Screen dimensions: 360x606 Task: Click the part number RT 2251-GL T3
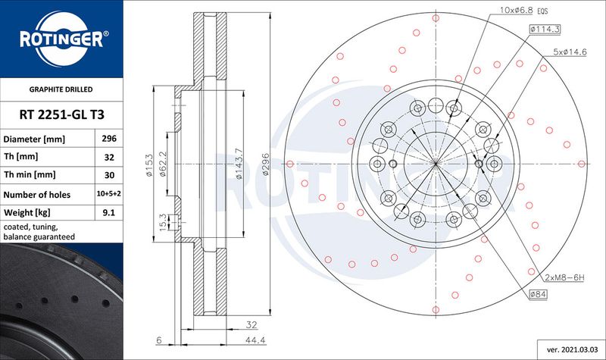pyautogui.click(x=61, y=114)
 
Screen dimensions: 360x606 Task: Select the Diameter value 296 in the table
pyautogui.click(x=108, y=140)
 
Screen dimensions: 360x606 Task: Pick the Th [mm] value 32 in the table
pyautogui.click(x=108, y=158)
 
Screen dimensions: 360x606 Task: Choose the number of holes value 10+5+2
pyautogui.click(x=108, y=195)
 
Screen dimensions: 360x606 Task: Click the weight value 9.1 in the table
pyautogui.click(x=108, y=213)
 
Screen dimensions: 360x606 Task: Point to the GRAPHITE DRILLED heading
pyautogui.click(x=61, y=89)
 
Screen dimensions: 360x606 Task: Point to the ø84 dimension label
pyautogui.click(x=539, y=293)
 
